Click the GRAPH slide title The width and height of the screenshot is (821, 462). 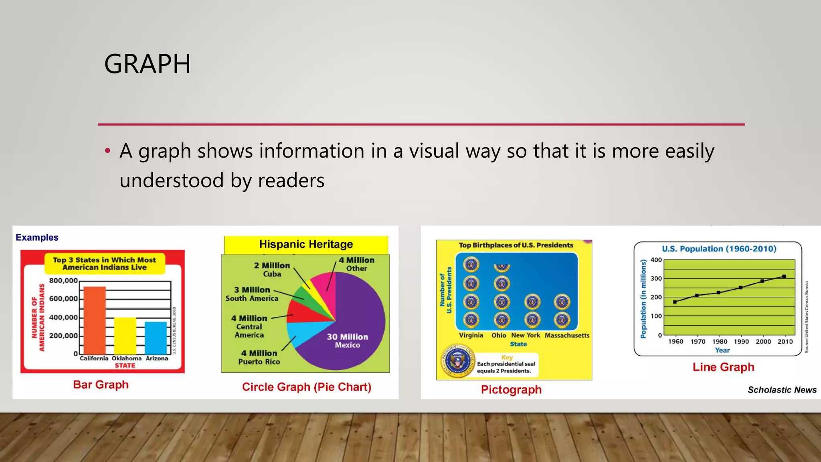pyautogui.click(x=147, y=64)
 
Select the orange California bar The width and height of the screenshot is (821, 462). pyautogui.click(x=95, y=321)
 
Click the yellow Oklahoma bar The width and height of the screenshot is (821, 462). pyautogui.click(x=125, y=336)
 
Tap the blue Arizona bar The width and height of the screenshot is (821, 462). pyautogui.click(x=156, y=338)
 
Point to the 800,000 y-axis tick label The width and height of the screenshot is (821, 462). pyautogui.click(x=63, y=281)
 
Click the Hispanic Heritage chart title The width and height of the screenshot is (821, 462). pyautogui.click(x=306, y=244)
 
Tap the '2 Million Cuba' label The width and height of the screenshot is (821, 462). pyautogui.click(x=272, y=269)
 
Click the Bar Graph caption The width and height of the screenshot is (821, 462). pyautogui.click(x=101, y=385)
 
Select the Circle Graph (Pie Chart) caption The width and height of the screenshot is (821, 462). pyautogui.click(x=307, y=387)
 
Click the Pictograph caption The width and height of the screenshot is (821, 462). pyautogui.click(x=511, y=390)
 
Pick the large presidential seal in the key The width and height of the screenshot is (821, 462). pyautogui.click(x=457, y=361)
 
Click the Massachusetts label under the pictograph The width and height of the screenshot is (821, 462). pyautogui.click(x=567, y=335)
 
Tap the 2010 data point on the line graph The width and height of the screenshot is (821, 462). pyautogui.click(x=784, y=276)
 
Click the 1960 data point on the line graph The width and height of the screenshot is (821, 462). pyautogui.click(x=675, y=302)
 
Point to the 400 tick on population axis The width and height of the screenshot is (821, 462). pyautogui.click(x=656, y=260)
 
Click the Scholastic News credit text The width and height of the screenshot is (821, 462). pyautogui.click(x=782, y=390)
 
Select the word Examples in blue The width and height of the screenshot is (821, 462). pyautogui.click(x=37, y=237)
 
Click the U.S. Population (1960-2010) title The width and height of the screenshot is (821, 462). pyautogui.click(x=719, y=249)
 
